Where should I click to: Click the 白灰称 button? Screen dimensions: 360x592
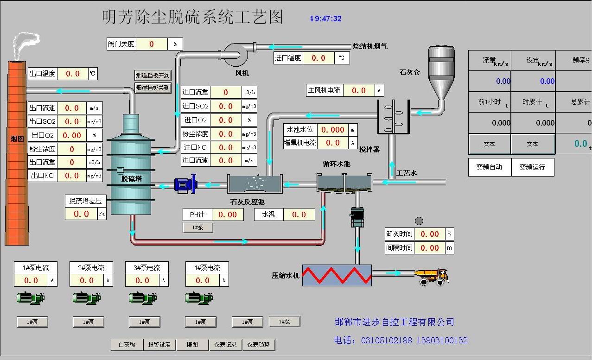pos(127,345)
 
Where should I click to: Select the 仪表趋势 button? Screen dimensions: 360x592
pos(259,345)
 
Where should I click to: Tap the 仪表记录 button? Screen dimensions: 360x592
pos(225,345)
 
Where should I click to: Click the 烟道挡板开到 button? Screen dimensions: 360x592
pos(153,75)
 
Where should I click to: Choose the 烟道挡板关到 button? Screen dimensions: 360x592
pos(153,88)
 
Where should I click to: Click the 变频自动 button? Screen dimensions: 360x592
pos(489,167)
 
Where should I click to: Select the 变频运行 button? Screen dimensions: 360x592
pos(532,167)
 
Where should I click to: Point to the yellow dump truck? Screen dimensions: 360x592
pos(431,276)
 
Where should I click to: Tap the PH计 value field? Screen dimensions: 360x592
pos(228,215)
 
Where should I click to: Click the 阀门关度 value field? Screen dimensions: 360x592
pos(152,44)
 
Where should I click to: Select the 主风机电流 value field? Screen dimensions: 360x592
pos(358,90)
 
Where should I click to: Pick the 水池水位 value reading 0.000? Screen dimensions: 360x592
pos(332,130)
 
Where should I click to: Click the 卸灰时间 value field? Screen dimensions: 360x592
pos(429,234)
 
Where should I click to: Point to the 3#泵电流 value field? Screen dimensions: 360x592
pos(142,280)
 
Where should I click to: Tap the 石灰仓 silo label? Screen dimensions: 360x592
pos(409,72)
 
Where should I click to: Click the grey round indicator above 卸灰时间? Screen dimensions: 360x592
pos(419,221)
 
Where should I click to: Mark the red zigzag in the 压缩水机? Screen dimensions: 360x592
pos(337,275)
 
